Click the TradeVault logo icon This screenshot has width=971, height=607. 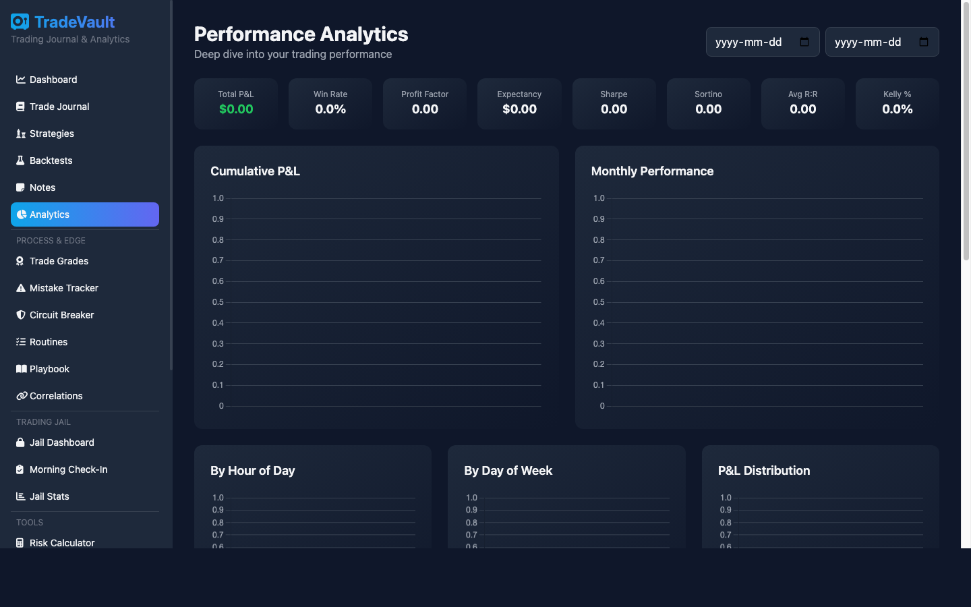point(20,22)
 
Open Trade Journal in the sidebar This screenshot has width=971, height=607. point(59,107)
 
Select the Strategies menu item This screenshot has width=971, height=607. point(52,134)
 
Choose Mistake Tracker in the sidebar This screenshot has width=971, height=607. point(64,288)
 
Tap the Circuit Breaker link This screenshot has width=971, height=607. point(62,315)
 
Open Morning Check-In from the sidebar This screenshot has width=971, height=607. point(69,469)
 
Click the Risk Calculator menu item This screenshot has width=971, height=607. point(62,543)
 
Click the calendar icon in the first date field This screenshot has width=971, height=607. point(804,42)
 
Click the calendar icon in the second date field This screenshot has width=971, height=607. point(924,42)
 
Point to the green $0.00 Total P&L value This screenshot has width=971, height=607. point(236,109)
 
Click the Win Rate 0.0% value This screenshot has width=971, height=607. point(330,109)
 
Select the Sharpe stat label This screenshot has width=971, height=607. point(614,94)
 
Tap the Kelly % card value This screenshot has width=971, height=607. point(897,109)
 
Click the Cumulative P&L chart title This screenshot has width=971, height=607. point(255,171)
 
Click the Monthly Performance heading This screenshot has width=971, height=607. point(652,171)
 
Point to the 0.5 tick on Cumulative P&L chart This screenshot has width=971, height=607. point(218,302)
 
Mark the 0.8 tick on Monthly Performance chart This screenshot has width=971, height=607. point(599,240)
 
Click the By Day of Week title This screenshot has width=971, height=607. point(508,471)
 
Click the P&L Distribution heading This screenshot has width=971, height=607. point(764,471)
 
